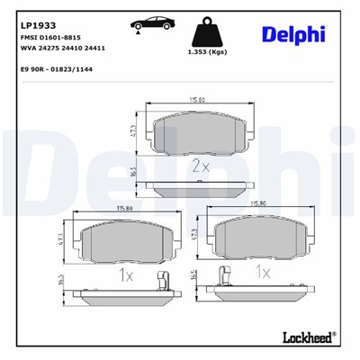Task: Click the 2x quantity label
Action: point(201,165)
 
